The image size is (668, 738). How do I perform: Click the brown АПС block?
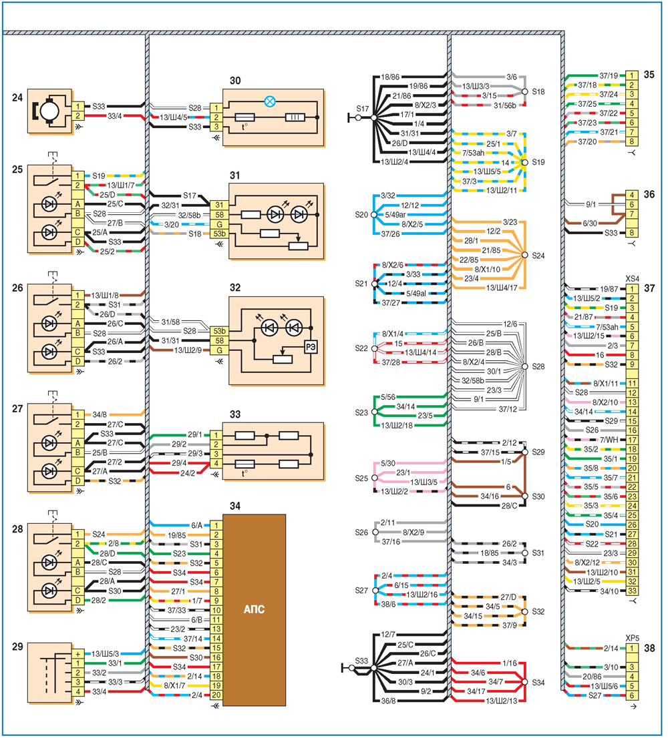254,609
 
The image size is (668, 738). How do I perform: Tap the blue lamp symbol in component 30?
269,101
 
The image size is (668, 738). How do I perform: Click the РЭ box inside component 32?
311,348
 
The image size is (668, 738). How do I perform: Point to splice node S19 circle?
525,162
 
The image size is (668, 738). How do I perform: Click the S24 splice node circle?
525,255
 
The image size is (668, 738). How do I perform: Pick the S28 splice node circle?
525,366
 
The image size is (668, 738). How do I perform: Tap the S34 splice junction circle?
525,682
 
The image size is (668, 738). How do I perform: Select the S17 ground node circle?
359,117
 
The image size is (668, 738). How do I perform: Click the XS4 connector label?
632,279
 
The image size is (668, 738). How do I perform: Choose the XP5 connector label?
632,638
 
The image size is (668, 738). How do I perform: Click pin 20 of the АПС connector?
216,695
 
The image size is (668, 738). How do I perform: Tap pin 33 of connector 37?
632,591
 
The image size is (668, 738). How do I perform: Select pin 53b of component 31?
219,234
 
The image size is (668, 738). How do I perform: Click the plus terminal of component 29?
78,654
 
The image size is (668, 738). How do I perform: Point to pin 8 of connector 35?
632,141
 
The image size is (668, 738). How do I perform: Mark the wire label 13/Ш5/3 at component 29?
105,654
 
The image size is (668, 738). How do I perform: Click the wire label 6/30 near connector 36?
590,223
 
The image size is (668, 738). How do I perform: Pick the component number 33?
235,414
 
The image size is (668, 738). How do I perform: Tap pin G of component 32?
219,350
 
